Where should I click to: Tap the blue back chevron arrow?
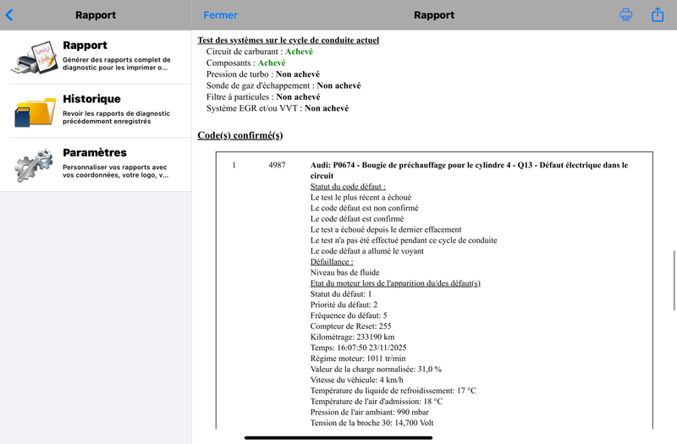click(9, 15)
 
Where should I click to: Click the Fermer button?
click(220, 15)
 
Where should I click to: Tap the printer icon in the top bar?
click(626, 15)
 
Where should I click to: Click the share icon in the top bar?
click(658, 15)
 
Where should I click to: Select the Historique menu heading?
click(91, 99)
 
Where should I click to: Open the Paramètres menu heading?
click(95, 152)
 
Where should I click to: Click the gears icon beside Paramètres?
click(35, 164)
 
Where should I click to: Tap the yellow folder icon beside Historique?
click(35, 111)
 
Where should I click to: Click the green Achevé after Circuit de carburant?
click(300, 52)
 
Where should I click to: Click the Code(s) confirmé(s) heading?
click(239, 135)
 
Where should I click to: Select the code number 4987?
click(277, 165)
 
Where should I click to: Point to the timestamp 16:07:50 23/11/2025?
click(377, 348)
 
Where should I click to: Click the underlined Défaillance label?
click(331, 262)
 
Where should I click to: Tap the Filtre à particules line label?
click(240, 97)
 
